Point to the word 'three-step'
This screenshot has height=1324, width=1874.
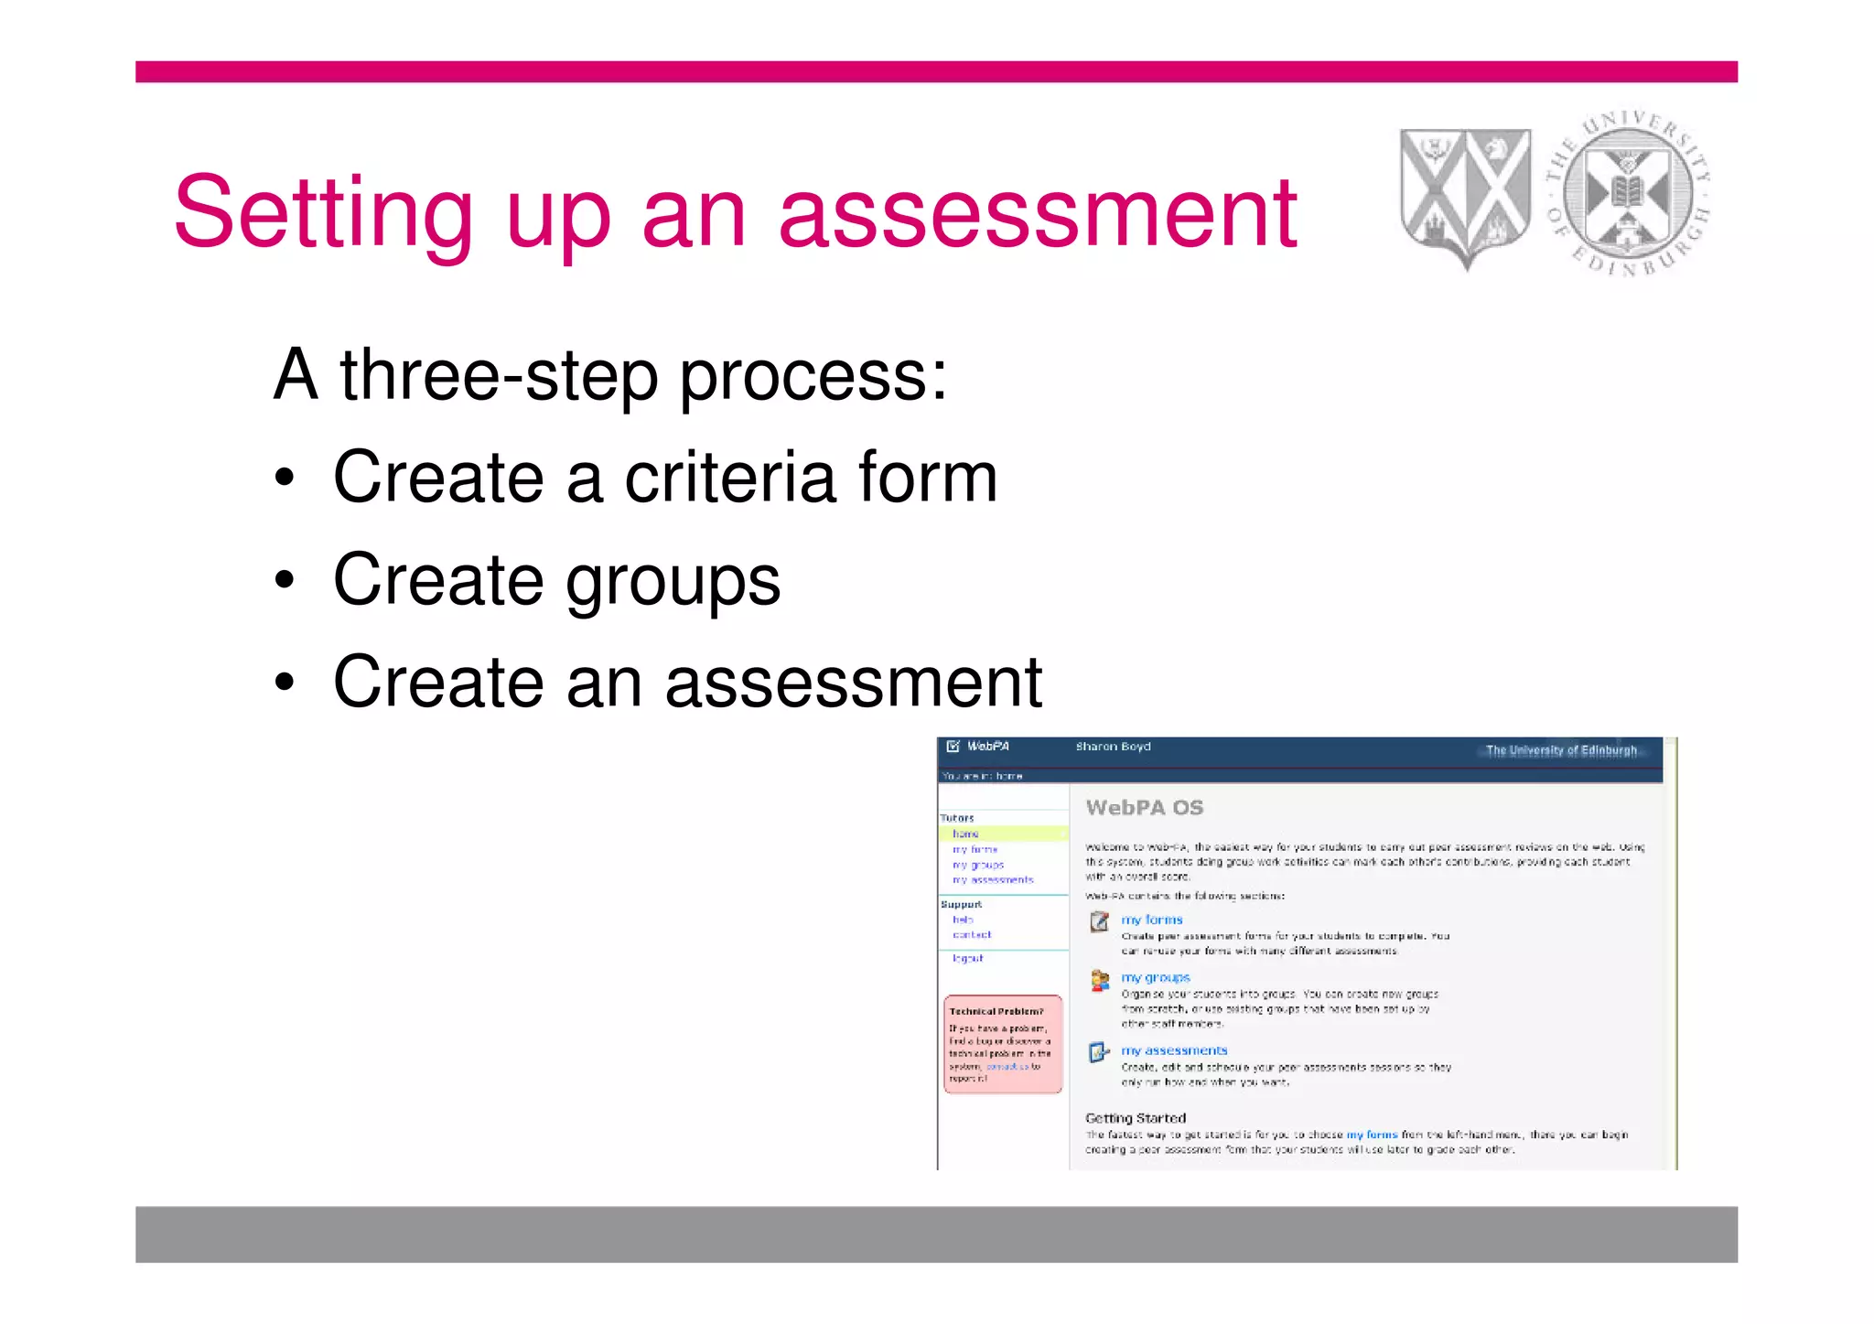pyautogui.click(x=499, y=375)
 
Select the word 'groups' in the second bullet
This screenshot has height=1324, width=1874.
pyautogui.click(x=673, y=580)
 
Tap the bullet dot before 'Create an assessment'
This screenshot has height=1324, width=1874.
pyautogui.click(x=285, y=682)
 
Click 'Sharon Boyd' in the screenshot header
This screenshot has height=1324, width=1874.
pyautogui.click(x=1113, y=747)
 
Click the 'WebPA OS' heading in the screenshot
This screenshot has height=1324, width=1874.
pyautogui.click(x=1144, y=808)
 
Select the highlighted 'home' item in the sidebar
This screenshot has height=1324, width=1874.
pyautogui.click(x=965, y=834)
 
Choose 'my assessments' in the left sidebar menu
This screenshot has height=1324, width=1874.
pyautogui.click(x=993, y=880)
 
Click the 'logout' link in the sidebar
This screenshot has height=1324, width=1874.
pyautogui.click(x=967, y=958)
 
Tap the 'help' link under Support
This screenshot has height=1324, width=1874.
pyautogui.click(x=963, y=920)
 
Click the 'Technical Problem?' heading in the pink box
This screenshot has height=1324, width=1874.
pyautogui.click(x=996, y=1011)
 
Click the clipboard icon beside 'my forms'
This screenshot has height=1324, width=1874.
pyautogui.click(x=1099, y=921)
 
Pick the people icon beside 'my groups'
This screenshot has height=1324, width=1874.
pyautogui.click(x=1099, y=980)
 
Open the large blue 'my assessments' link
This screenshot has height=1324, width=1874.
pyautogui.click(x=1174, y=1050)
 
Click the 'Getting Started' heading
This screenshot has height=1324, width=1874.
pyautogui.click(x=1135, y=1118)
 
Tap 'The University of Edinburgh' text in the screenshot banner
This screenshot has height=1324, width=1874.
pyautogui.click(x=1561, y=750)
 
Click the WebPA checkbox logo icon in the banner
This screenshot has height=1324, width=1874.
pyautogui.click(x=953, y=747)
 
